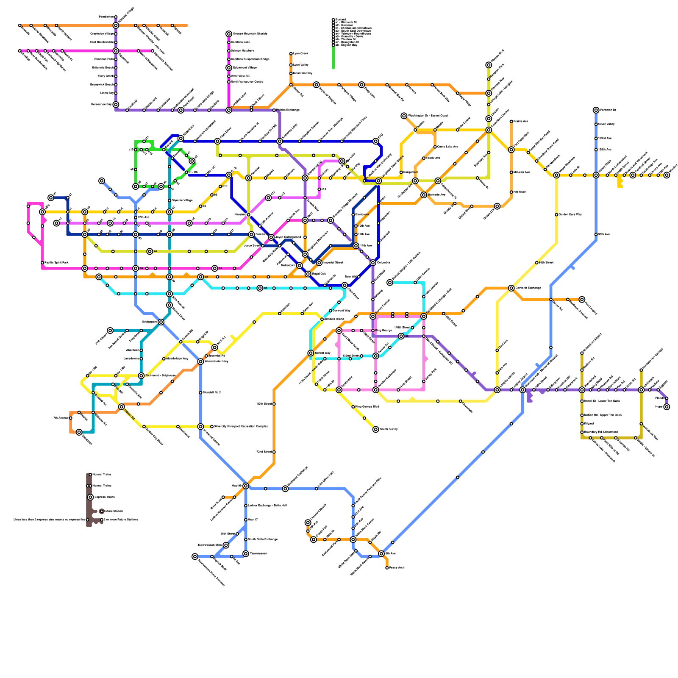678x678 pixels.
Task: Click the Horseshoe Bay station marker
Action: (116, 104)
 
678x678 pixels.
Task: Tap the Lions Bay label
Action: (107, 93)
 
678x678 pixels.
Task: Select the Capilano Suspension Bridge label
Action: (250, 59)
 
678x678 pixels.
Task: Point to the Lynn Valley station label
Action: (301, 65)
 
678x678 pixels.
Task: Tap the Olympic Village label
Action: (182, 200)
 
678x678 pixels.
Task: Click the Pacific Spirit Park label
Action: (56, 263)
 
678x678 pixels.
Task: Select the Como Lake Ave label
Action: (447, 147)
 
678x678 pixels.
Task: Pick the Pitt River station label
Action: (520, 192)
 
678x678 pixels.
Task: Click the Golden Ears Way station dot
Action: (556, 214)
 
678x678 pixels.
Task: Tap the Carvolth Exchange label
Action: (528, 288)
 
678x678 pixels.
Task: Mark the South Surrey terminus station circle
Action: (375, 429)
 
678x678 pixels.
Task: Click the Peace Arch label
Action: (397, 567)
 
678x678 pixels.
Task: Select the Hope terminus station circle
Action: (667, 406)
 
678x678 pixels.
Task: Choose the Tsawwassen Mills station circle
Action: (226, 545)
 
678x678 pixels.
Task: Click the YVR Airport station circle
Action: (110, 330)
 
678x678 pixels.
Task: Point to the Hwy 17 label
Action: (253, 520)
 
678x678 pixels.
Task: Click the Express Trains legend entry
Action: (104, 497)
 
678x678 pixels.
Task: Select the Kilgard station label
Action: (589, 423)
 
